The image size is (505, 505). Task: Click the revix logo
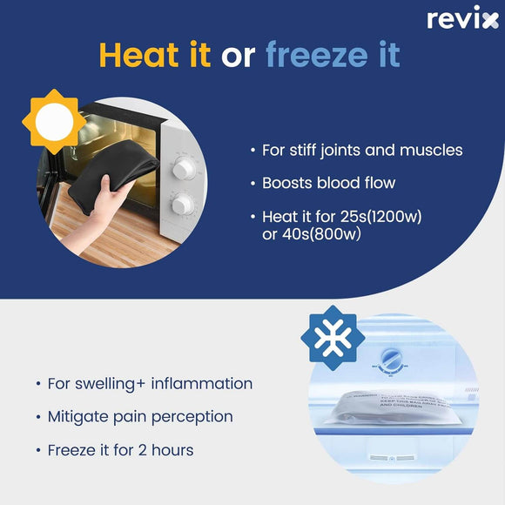coord(462,19)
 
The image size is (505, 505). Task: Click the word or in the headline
coord(237,56)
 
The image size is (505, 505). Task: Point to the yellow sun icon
coord(53,118)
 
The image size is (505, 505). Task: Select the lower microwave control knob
coord(182,205)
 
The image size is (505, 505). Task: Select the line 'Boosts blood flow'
coord(328,183)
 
